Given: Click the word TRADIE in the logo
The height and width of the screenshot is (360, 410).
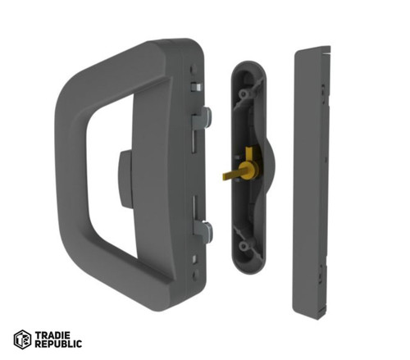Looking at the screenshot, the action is [52, 335].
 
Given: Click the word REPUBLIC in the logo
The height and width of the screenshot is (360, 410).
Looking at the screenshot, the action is [58, 344].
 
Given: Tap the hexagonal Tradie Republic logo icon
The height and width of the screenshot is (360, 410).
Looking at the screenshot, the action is [22, 339].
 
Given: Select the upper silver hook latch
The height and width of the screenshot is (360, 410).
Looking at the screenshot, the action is [203, 118].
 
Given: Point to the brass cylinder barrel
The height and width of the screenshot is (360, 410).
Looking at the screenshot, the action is [248, 170].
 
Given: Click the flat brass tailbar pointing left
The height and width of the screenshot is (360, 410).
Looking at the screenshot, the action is [231, 175].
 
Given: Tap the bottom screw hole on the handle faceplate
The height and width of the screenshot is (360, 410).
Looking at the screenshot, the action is [195, 276].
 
